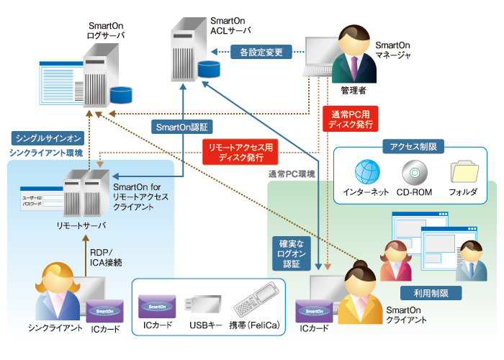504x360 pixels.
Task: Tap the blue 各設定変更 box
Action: pos(261,52)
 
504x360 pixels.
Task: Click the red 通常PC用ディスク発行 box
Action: pos(350,119)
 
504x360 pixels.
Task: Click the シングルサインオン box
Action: pos(48,137)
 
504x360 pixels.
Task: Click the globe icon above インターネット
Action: pos(366,173)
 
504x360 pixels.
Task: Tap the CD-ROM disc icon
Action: pos(413,173)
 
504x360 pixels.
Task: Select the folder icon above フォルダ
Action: pos(463,173)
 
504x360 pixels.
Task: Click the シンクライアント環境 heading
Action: pos(46,153)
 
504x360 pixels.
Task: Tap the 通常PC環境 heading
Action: pos(292,174)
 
